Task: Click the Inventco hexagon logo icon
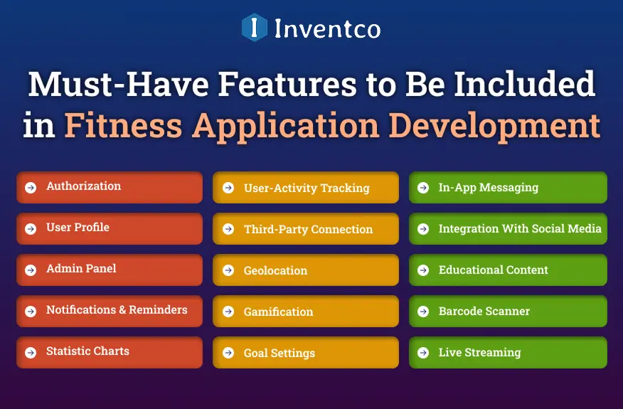pos(254,27)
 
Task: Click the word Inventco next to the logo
pos(327,28)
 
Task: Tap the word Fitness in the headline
pos(122,125)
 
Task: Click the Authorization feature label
pos(83,186)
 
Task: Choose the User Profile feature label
pos(78,228)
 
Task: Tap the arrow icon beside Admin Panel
pos(31,270)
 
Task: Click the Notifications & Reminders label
pos(117,310)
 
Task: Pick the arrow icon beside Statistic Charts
pos(31,353)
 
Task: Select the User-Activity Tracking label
pos(307,188)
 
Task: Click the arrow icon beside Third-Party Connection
pos(228,229)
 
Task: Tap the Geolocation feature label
pos(275,271)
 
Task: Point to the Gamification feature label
pos(278,312)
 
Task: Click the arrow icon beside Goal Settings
pos(228,353)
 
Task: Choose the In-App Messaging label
pos(488,188)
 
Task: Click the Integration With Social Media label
pos(520,229)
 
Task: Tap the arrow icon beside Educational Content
pos(423,270)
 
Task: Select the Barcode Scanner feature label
pos(484,312)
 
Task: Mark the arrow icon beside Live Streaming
pos(423,353)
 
